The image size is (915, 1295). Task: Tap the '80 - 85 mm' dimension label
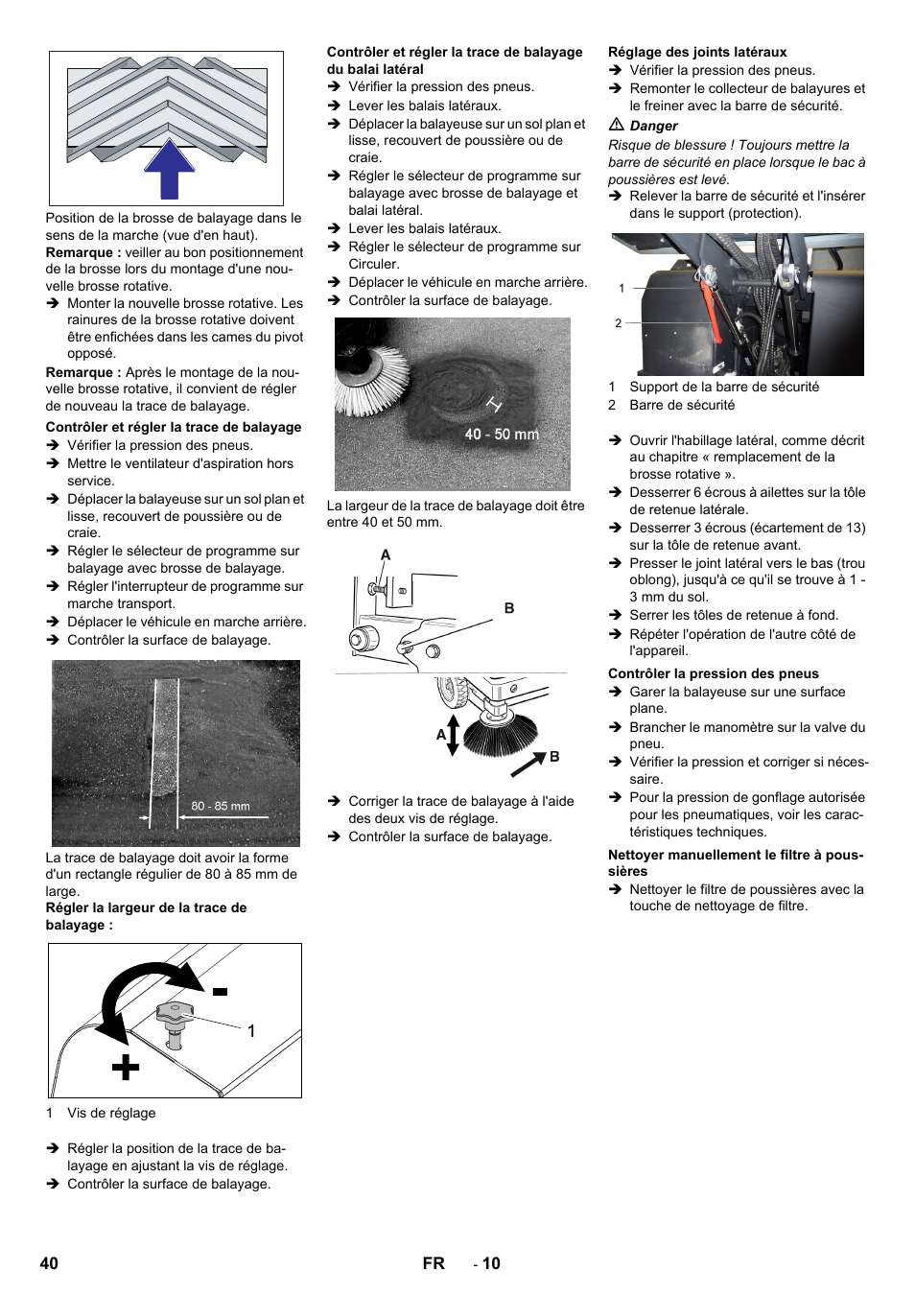point(220,806)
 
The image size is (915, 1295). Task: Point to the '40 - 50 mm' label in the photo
point(502,435)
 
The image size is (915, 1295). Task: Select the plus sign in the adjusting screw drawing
point(126,1067)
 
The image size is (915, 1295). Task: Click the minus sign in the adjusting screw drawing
point(220,992)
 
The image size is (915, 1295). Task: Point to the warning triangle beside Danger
point(617,125)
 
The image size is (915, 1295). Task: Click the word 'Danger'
point(653,126)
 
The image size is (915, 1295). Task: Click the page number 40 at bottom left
point(49,1263)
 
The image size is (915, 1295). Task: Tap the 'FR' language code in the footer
point(434,1263)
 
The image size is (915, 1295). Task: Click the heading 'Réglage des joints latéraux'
point(697,52)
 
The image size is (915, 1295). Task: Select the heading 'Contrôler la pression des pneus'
point(713,673)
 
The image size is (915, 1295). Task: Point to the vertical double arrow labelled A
point(454,735)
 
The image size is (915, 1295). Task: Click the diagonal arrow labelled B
point(528,764)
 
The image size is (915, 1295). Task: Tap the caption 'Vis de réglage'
point(111,1113)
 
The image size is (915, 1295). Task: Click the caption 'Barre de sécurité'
point(682,405)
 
